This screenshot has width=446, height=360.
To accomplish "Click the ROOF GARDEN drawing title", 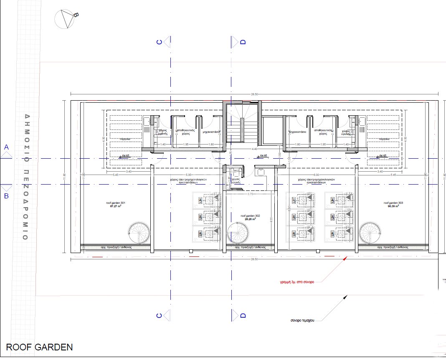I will pyautogui.click(x=39, y=347).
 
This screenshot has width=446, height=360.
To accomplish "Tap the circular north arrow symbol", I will pyautogui.click(x=64, y=19).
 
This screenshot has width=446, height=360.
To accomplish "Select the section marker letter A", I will pyautogui.click(x=6, y=147).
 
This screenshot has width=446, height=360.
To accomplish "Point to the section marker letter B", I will pyautogui.click(x=6, y=195).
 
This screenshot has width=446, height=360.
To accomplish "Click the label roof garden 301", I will pyautogui.click(x=116, y=203).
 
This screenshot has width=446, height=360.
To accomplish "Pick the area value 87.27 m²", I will pyautogui.click(x=116, y=206).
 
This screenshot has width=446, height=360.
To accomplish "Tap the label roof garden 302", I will pyautogui.click(x=251, y=215).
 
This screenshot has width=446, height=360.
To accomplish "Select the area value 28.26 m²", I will pyautogui.click(x=251, y=219).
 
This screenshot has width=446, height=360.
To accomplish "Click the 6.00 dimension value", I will pyautogui.click(x=316, y=175).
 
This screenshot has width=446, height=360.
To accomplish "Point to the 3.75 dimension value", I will pyautogui.click(x=250, y=194).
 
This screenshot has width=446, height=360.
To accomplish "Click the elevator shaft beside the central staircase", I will pyautogui.click(x=272, y=130).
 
